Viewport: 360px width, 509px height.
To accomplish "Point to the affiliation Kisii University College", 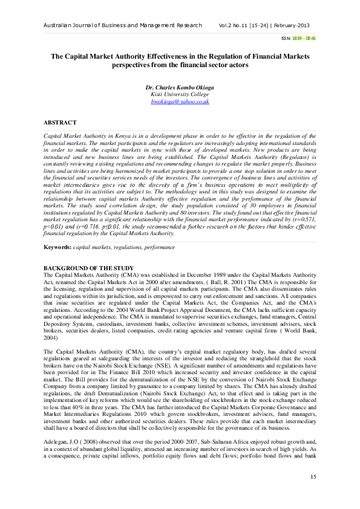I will [179, 95].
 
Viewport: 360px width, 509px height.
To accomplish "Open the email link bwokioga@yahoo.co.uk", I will [179, 102].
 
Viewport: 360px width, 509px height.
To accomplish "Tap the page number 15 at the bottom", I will [313, 478].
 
